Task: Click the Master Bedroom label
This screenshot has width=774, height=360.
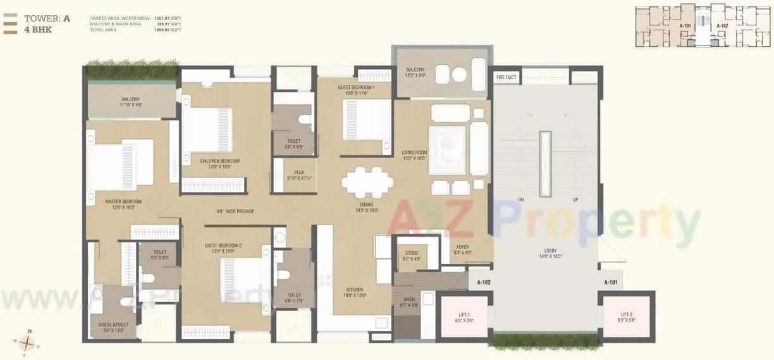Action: [x=123, y=201]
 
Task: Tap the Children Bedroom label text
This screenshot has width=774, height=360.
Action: [x=215, y=161]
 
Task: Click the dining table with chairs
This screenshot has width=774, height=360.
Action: [x=367, y=183]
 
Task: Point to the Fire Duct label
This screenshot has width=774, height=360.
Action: [x=506, y=77]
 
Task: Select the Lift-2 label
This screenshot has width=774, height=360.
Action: [x=627, y=314]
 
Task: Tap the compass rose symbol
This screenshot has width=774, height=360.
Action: [x=27, y=343]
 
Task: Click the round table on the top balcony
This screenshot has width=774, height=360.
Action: [x=459, y=75]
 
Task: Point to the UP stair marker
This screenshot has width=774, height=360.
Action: [x=575, y=200]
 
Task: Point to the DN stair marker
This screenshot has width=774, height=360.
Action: [x=521, y=200]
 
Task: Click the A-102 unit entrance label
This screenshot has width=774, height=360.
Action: [x=484, y=282]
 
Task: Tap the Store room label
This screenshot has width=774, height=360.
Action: [x=412, y=254]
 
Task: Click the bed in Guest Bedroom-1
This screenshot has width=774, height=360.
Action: [x=367, y=120]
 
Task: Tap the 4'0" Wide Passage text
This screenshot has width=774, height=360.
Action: [x=236, y=211]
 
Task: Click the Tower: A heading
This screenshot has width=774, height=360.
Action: [x=47, y=18]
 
